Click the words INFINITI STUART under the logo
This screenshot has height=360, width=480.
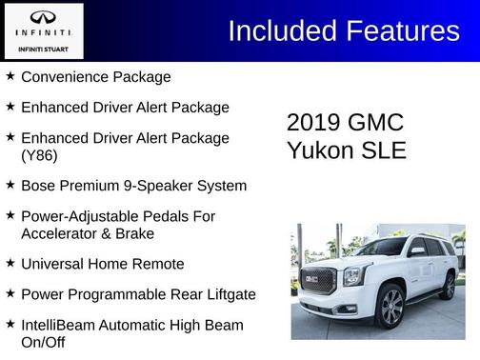click(43, 47)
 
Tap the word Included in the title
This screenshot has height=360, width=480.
click(277, 31)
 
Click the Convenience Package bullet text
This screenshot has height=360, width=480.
click(95, 77)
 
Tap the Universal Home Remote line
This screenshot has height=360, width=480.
click(102, 264)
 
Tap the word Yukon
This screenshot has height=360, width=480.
click(322, 150)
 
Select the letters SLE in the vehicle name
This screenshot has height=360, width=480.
click(386, 150)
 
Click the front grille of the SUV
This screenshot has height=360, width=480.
click(317, 280)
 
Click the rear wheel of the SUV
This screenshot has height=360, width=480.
click(447, 285)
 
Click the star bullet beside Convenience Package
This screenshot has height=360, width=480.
click(10, 76)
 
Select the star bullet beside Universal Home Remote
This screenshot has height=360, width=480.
click(10, 263)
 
